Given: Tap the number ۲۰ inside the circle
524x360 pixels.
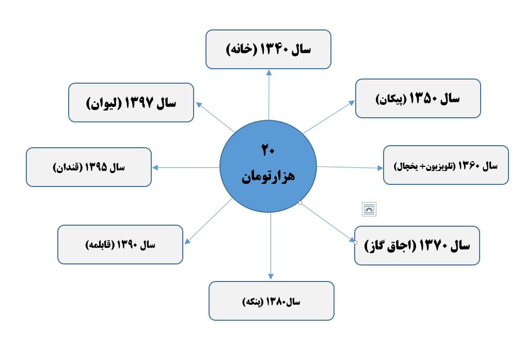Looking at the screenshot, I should tap(268, 150).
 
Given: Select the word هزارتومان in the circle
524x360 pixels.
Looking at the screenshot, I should tap(268, 176).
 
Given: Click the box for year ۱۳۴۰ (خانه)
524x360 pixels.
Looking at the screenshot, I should tap(268, 49).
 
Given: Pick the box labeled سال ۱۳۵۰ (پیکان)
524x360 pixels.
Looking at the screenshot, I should tap(418, 98).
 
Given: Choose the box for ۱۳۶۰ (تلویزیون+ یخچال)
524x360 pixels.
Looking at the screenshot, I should tap(446, 165).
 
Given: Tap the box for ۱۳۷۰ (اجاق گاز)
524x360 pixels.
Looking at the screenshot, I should tap(417, 245).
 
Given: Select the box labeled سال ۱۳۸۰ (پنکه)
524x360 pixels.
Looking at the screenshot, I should tap(271, 301).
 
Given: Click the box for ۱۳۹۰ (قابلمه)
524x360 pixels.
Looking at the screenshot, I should tap(120, 244).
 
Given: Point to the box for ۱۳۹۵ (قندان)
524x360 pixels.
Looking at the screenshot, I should tap(88, 167).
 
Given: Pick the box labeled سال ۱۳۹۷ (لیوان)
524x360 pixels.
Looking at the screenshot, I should tap(131, 102).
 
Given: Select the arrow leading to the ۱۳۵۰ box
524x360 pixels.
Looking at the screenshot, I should tap(329, 117).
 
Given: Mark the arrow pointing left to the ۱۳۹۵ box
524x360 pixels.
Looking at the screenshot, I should tap(186, 167).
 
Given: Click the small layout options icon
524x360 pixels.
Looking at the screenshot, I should tap(369, 209).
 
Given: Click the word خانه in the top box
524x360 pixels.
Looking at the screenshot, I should tap(241, 50).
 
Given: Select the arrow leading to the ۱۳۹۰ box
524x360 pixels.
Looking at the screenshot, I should tap(208, 222).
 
